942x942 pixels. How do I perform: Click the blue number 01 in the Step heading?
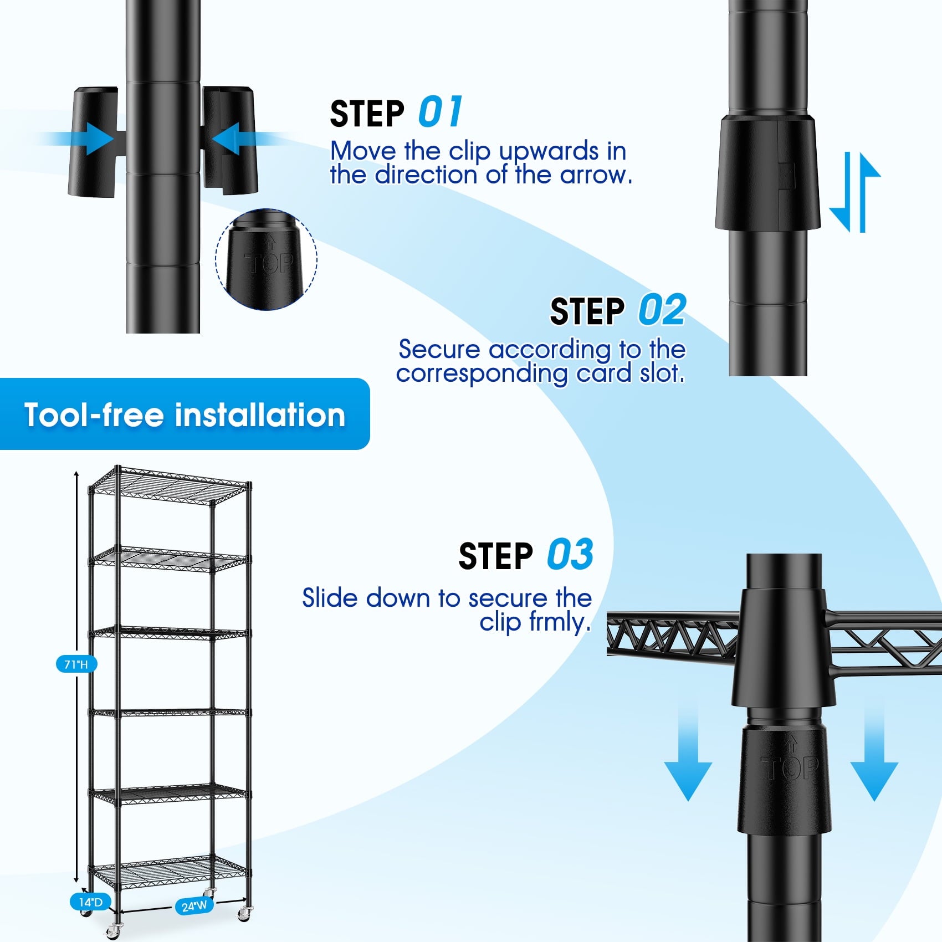click(x=440, y=112)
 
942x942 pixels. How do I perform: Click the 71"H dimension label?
click(x=76, y=663)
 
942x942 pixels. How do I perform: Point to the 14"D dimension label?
click(x=90, y=902)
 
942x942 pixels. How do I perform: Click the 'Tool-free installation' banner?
click(x=185, y=414)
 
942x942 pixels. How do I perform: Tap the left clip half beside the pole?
click(x=93, y=142)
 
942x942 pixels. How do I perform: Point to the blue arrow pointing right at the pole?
click(x=78, y=139)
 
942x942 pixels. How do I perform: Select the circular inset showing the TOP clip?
click(x=266, y=259)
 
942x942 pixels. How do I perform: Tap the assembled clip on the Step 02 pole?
click(x=767, y=173)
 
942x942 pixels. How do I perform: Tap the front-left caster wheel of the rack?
click(x=115, y=931)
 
